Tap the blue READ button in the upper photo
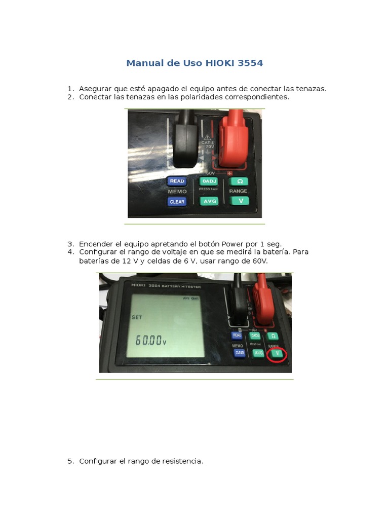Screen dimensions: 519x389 177,181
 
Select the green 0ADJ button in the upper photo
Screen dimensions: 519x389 208,181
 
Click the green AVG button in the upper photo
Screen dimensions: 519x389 209,201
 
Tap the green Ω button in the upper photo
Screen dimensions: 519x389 239,181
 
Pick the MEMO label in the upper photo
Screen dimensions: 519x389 177,192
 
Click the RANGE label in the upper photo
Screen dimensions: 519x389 238,191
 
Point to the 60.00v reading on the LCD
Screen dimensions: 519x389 150,341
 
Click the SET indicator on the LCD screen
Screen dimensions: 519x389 137,317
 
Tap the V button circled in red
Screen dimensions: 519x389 277,354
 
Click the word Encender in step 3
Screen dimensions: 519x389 96,243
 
